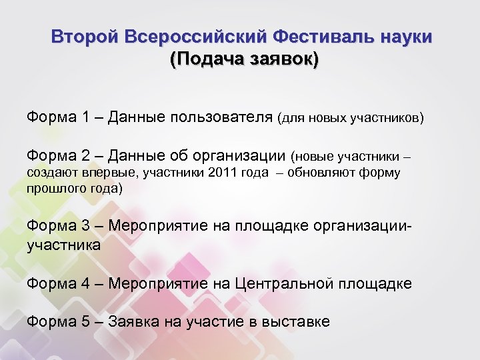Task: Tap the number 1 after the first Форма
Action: point(87,118)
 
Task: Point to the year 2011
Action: point(222,173)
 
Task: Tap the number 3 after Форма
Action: point(87,225)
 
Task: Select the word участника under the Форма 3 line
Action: point(63,245)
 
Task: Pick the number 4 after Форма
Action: point(87,283)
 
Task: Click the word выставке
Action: point(295,321)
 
